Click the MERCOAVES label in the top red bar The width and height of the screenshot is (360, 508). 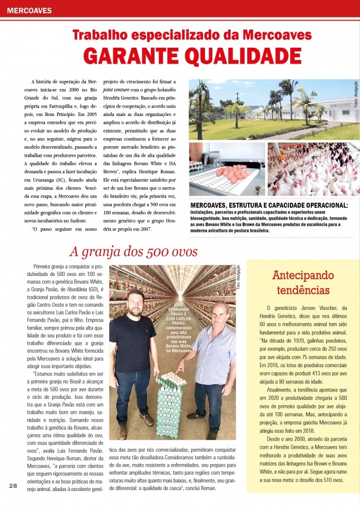click(x=30, y=10)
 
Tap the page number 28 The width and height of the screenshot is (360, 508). click(x=13, y=485)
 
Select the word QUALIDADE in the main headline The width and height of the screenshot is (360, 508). click(x=240, y=56)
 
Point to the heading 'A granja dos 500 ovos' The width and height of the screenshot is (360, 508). click(x=133, y=251)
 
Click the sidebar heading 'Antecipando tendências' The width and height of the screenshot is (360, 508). click(x=303, y=282)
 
